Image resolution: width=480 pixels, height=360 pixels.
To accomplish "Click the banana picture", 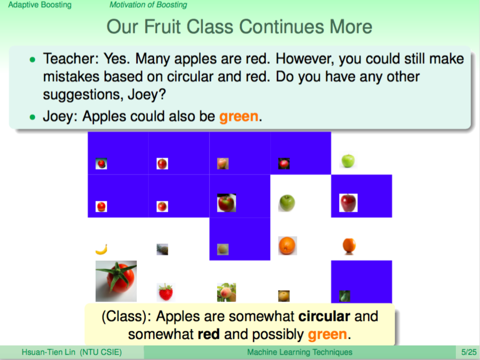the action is [101, 249].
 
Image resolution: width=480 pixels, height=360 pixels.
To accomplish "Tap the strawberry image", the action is [165, 292].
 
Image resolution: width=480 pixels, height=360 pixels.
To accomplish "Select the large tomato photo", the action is [116, 281].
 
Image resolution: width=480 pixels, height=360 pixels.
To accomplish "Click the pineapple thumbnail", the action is [162, 249].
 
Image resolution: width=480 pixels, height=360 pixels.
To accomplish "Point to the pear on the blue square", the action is [345, 296].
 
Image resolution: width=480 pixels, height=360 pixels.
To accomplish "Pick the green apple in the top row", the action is [348, 161].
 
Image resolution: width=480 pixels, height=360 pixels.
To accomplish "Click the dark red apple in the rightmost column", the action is [349, 203].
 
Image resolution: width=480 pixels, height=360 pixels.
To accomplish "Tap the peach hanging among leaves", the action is [227, 293].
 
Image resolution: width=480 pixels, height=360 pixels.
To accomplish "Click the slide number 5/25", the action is [469, 353].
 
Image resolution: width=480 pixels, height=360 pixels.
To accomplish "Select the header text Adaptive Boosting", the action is [40, 5].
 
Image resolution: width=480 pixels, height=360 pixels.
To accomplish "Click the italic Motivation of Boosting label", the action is [148, 5].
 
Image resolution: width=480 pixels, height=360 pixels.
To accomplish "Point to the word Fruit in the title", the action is [163, 27].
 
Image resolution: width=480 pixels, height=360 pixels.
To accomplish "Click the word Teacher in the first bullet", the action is [69, 59].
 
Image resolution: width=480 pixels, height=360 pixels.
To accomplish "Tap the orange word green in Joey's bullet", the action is [239, 117].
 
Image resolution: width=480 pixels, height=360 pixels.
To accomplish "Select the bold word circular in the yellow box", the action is [324, 316].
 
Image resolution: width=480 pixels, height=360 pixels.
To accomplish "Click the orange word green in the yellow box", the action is [327, 334].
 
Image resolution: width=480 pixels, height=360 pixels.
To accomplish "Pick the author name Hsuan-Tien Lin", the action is [49, 353].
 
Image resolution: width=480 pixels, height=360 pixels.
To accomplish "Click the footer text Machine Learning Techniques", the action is [300, 353].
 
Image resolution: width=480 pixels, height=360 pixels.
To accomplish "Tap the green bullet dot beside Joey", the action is [33, 117].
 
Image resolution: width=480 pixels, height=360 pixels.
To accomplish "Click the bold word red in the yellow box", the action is [209, 334].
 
